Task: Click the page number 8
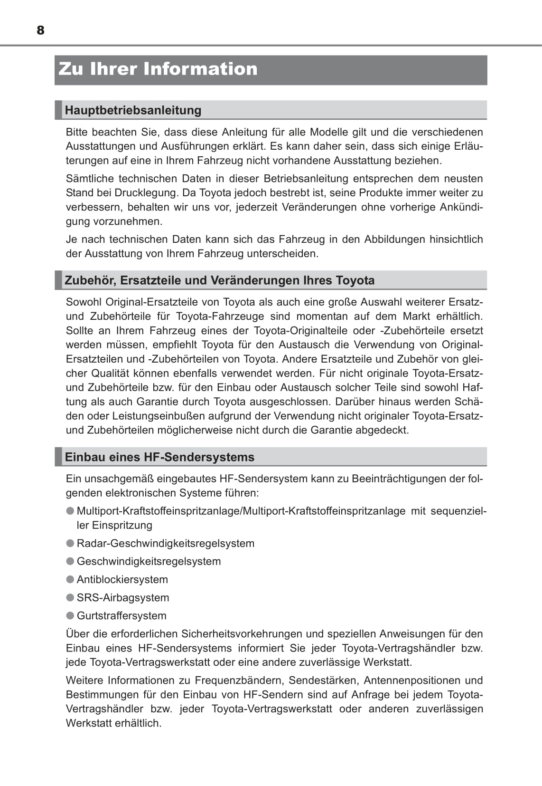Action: [x=40, y=30]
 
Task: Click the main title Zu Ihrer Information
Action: [x=158, y=69]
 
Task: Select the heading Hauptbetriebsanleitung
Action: [x=133, y=110]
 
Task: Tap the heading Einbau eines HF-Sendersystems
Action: [x=159, y=457]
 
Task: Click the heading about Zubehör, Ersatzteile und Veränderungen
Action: [x=219, y=280]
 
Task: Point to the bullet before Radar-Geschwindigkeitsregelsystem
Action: [x=70, y=543]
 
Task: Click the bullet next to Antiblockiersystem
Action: [x=70, y=579]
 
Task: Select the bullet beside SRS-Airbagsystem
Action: [x=70, y=597]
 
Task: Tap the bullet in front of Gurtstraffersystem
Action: [x=70, y=615]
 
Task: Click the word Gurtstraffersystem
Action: [x=121, y=616]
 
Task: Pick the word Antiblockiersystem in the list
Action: [x=122, y=580]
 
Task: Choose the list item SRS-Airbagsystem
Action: [x=123, y=598]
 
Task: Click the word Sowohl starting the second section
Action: [x=84, y=302]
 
